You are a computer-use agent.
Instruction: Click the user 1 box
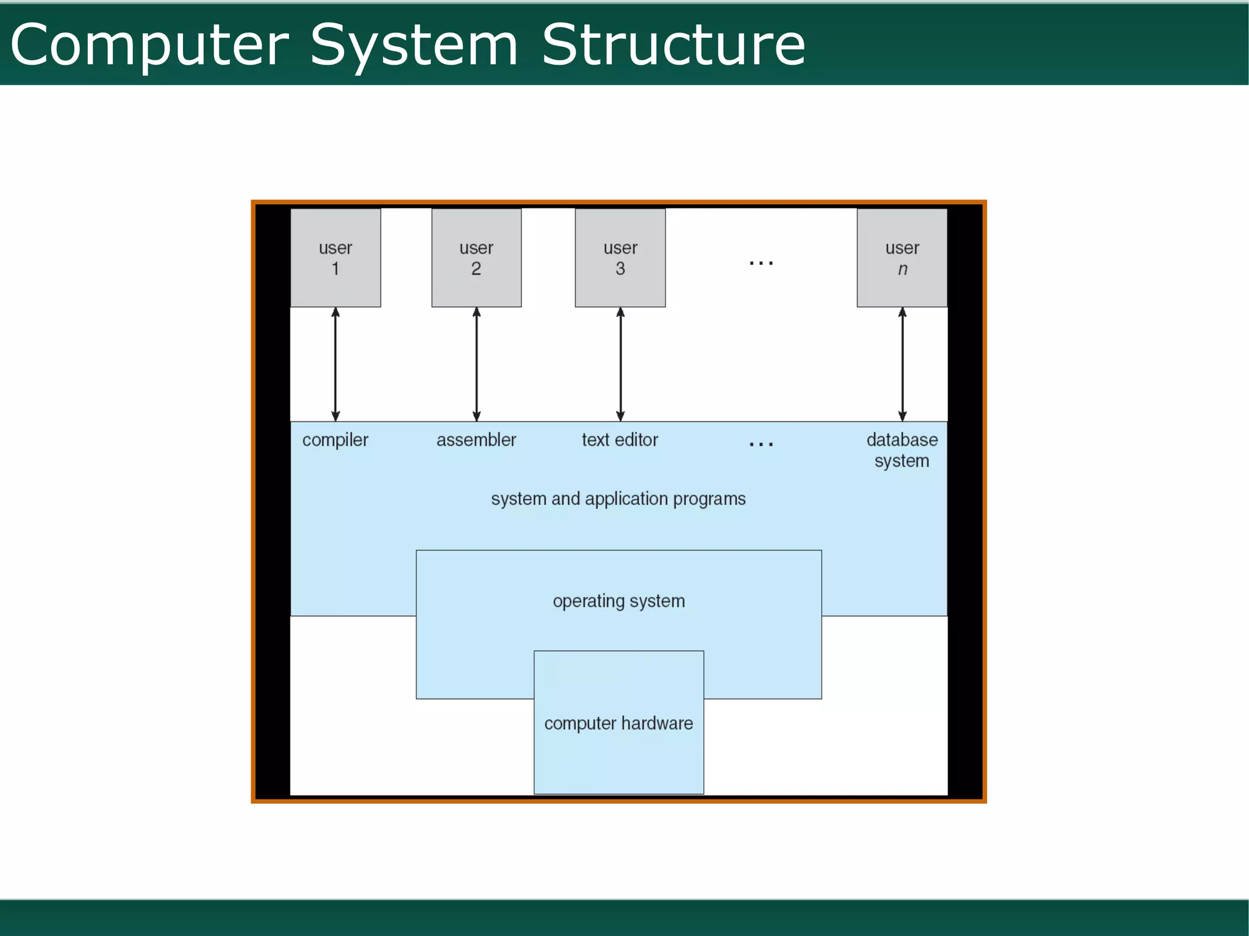(335, 257)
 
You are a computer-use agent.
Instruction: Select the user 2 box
(476, 257)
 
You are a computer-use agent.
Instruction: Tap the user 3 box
(620, 257)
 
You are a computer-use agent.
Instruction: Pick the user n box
(902, 257)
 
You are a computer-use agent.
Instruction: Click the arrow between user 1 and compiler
(335, 364)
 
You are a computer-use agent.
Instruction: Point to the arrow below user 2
(476, 364)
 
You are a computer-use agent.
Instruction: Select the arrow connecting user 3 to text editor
(620, 364)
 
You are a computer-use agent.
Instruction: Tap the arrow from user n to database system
(903, 364)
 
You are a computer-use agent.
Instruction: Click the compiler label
(335, 440)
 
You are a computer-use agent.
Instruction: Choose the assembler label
(476, 440)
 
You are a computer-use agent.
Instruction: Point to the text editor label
(620, 440)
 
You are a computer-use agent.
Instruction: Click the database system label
(902, 450)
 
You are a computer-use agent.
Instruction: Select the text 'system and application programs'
(618, 499)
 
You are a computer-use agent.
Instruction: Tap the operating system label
(619, 601)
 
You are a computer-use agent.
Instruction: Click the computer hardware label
(618, 723)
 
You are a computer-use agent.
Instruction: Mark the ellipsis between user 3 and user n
(761, 263)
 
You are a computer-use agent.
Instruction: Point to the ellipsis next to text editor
(761, 444)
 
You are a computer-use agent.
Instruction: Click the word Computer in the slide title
(149, 46)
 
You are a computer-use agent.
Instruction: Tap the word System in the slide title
(414, 46)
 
